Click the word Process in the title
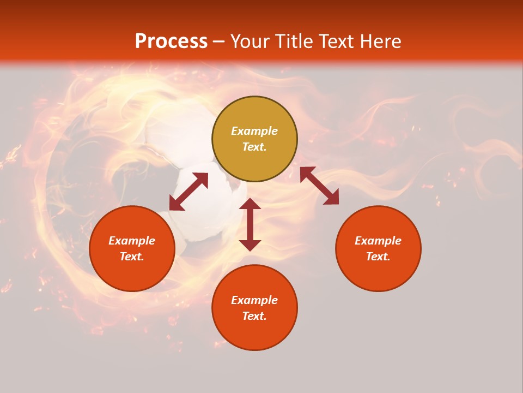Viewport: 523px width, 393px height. coord(171,41)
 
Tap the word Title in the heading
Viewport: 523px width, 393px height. coord(296,41)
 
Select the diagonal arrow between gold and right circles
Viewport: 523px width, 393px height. coord(320,186)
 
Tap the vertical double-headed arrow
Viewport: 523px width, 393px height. coord(250,224)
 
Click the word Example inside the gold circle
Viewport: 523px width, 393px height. coord(254,131)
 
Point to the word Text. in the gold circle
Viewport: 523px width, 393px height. coord(254,147)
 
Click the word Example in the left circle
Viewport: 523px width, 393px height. coord(132,241)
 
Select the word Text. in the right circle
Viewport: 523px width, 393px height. coord(378,257)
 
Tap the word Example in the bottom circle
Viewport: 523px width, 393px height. coord(254,300)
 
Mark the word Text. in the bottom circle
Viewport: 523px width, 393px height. coord(254,316)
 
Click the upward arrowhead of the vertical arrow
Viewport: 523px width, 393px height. coord(250,204)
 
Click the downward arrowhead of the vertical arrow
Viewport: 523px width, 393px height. coord(250,245)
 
